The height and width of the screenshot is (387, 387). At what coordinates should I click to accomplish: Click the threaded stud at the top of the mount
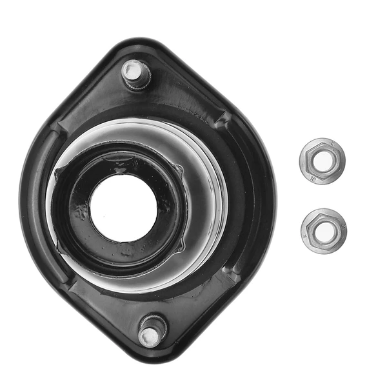click(135, 72)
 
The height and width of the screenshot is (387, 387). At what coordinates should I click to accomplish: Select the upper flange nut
click(322, 161)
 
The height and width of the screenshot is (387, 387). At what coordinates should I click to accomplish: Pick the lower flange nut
click(323, 230)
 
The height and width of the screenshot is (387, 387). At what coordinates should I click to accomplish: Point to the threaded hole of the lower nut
click(323, 230)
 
